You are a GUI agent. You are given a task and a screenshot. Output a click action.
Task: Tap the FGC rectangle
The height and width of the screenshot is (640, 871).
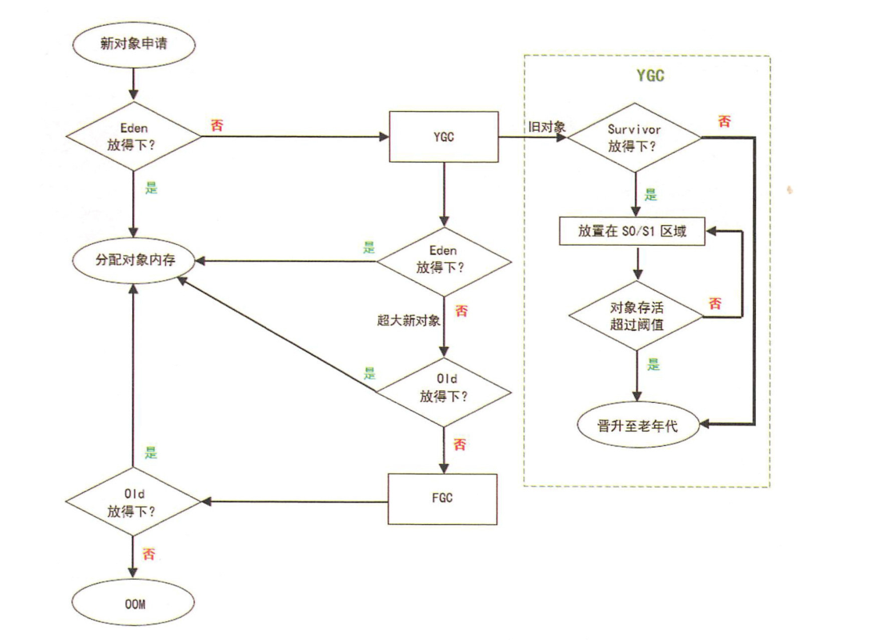[x=444, y=499]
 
